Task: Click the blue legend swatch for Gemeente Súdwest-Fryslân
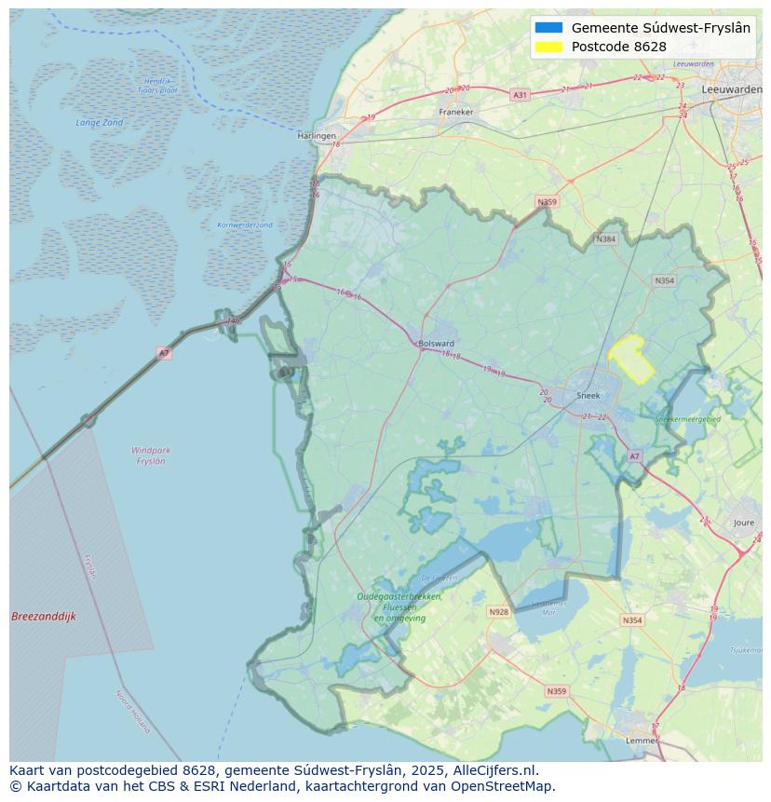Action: click(x=549, y=28)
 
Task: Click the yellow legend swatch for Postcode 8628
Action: click(x=549, y=47)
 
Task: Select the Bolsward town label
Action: click(x=437, y=343)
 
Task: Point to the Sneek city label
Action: click(x=588, y=395)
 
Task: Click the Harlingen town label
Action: click(x=317, y=136)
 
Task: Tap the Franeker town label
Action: click(x=456, y=112)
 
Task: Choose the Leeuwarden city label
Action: click(x=732, y=88)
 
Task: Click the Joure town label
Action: click(x=744, y=523)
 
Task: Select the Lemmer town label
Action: click(x=642, y=741)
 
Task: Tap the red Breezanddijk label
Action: click(x=44, y=617)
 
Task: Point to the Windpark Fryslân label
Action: click(x=151, y=455)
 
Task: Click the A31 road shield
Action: click(x=520, y=95)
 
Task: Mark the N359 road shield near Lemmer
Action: click(x=556, y=691)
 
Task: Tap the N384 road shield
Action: click(x=606, y=239)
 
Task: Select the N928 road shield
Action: click(x=499, y=612)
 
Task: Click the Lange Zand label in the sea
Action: click(x=100, y=123)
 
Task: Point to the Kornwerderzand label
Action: click(x=245, y=225)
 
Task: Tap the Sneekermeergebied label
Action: click(x=687, y=420)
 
